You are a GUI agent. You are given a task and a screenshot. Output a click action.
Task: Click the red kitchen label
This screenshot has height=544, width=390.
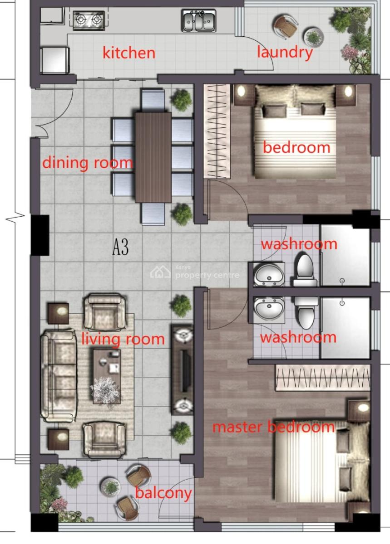(x=129, y=53)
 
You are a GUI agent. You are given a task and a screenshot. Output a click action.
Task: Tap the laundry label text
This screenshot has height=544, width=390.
(x=285, y=53)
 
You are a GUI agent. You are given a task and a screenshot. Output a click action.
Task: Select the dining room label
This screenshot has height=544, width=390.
(x=88, y=163)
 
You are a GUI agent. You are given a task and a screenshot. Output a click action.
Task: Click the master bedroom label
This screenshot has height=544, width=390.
(x=274, y=427)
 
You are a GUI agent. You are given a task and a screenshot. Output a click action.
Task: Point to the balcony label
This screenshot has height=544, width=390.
(x=163, y=493)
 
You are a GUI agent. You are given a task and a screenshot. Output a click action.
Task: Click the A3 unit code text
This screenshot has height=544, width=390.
(x=121, y=248)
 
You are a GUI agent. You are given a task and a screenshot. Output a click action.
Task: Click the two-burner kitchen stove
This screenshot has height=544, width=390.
(x=89, y=20)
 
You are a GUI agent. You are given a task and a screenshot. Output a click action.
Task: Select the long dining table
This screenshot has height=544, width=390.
(x=153, y=157)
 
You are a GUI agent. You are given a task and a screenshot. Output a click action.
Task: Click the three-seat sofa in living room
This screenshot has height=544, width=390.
(x=58, y=376)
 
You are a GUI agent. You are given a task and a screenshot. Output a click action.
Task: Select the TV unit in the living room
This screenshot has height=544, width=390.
(x=183, y=369)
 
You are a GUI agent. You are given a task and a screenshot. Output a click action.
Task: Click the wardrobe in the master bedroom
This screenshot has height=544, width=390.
(x=322, y=377)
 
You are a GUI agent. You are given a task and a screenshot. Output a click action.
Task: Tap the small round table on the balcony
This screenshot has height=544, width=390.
(x=111, y=487)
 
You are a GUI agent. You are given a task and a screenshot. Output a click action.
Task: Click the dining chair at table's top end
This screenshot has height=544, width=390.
(x=153, y=100)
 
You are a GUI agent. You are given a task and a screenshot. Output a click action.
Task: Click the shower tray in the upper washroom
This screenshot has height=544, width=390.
(x=345, y=255)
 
